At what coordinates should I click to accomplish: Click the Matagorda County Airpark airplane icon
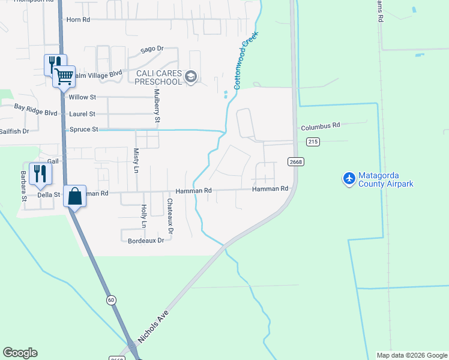pos(349,178)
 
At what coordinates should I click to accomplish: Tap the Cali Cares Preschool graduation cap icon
pos(191,76)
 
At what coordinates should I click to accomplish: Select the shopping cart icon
pos(64,76)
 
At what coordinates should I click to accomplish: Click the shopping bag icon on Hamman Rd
pos(74,196)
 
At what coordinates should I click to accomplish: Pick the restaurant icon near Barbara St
pos(39,173)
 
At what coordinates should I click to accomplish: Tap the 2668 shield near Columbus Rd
pos(295,161)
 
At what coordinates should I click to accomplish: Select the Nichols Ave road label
pos(154,327)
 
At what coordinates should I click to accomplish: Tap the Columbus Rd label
pos(321,126)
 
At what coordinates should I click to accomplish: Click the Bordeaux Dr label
pos(146,241)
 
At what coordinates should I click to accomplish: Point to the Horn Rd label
pos(78,20)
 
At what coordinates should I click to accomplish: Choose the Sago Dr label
pos(151,49)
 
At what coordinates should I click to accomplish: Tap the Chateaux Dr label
pos(170,217)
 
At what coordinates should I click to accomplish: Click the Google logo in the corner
pos(20,353)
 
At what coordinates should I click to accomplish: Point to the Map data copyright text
pos(412,355)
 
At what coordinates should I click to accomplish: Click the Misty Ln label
pos(136,161)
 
